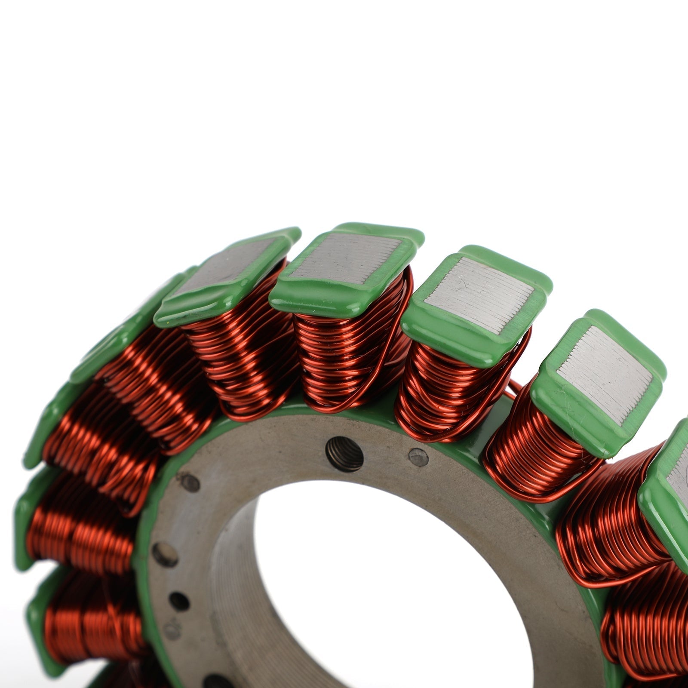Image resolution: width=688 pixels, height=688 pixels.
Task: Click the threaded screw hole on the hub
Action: point(344,454)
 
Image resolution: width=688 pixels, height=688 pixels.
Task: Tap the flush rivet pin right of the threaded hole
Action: point(418,457)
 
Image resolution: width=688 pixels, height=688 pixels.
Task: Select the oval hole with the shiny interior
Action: point(165,555)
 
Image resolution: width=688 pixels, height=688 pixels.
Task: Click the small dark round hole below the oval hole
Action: point(179,601)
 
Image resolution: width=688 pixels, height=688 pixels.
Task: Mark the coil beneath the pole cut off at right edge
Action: point(611,537)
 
